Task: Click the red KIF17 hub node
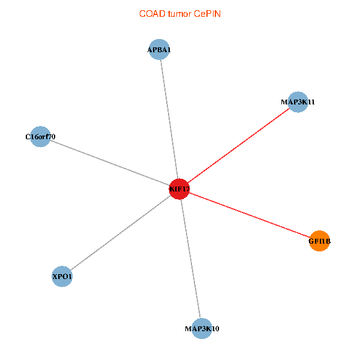179,189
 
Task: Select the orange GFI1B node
319,241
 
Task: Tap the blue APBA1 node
159,49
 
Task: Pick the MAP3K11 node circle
298,102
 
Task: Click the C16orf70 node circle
40,137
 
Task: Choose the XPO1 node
62,277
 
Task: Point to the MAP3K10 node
202,329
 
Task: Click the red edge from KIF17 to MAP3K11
239,146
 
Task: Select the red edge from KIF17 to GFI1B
250,215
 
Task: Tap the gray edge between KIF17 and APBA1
169,119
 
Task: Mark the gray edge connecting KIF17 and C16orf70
110,163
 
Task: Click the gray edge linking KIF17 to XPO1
121,233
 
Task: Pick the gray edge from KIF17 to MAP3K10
191,259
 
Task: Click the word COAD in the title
152,14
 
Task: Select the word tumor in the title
179,14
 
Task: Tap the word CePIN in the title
208,14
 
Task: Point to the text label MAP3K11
298,102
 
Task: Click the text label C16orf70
40,137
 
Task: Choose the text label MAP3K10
202,329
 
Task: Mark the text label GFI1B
320,241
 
